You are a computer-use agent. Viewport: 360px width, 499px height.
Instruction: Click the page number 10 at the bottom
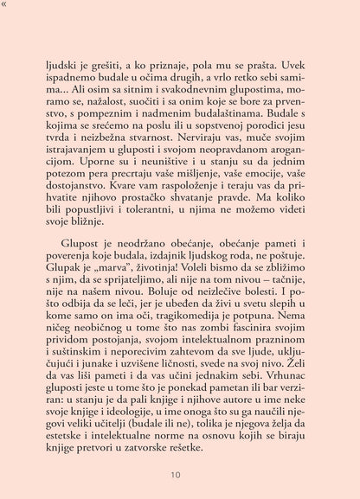176,474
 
